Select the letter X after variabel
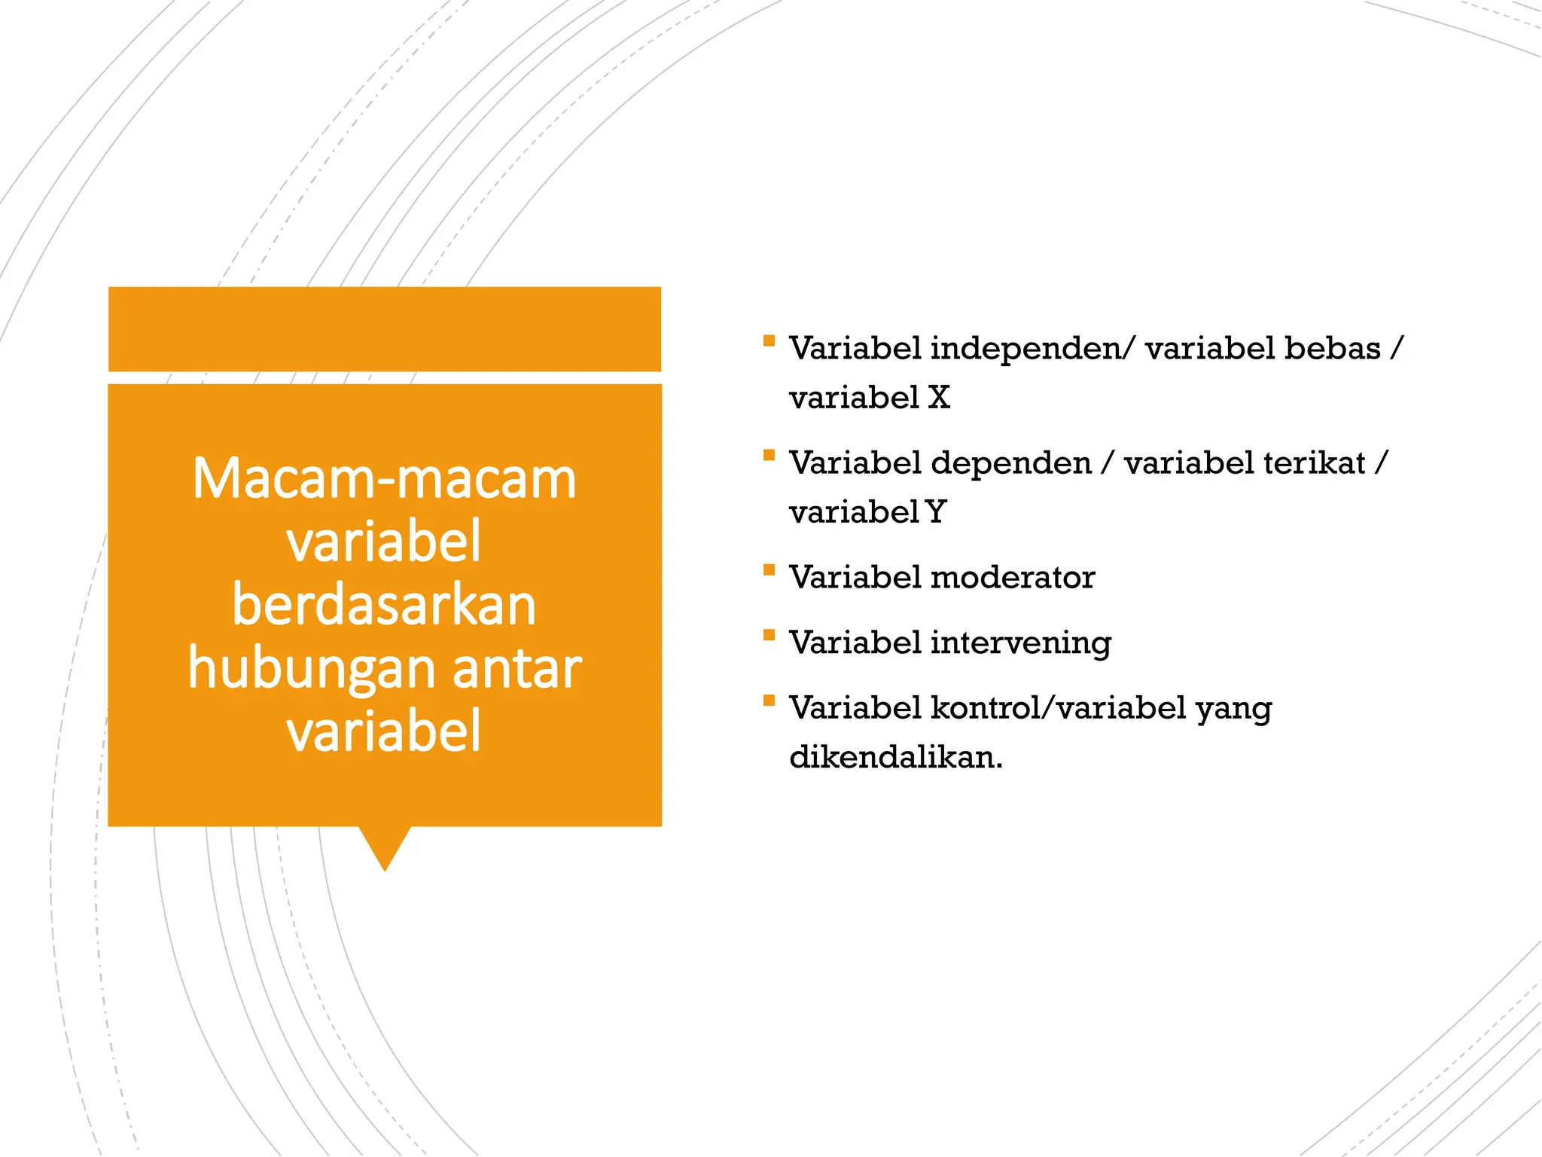[938, 398]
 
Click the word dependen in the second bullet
[1010, 463]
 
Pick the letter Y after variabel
[936, 512]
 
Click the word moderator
[1012, 578]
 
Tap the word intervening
[1020, 643]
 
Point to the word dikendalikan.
[895, 757]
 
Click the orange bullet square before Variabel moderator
[769, 570]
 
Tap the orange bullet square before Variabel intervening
[769, 635]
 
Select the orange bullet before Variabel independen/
[769, 340]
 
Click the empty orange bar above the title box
[384, 329]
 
